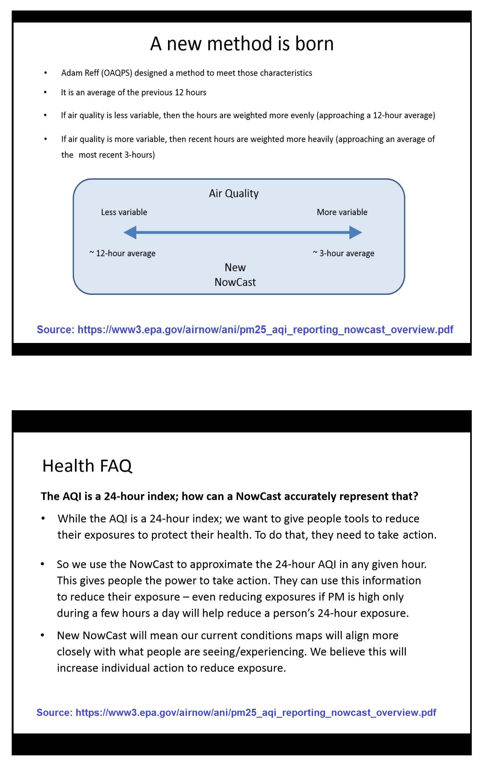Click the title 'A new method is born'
click(242, 43)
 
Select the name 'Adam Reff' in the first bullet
click(80, 73)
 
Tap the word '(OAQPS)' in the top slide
click(117, 73)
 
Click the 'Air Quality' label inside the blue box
click(234, 193)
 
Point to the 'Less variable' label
click(124, 212)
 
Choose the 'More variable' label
click(342, 212)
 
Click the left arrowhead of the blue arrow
click(130, 233)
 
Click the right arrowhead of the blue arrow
click(355, 233)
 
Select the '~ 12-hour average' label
click(122, 253)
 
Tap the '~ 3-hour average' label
click(343, 253)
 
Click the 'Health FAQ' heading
click(87, 466)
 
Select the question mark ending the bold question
click(415, 496)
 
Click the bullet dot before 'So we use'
click(42, 564)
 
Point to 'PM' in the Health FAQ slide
click(336, 597)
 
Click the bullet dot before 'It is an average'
click(45, 93)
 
